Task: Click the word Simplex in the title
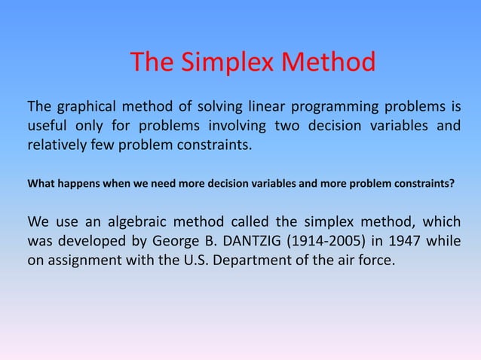click(227, 63)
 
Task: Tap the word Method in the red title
click(328, 63)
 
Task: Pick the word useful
click(48, 125)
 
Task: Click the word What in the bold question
click(41, 182)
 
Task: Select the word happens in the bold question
click(80, 182)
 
